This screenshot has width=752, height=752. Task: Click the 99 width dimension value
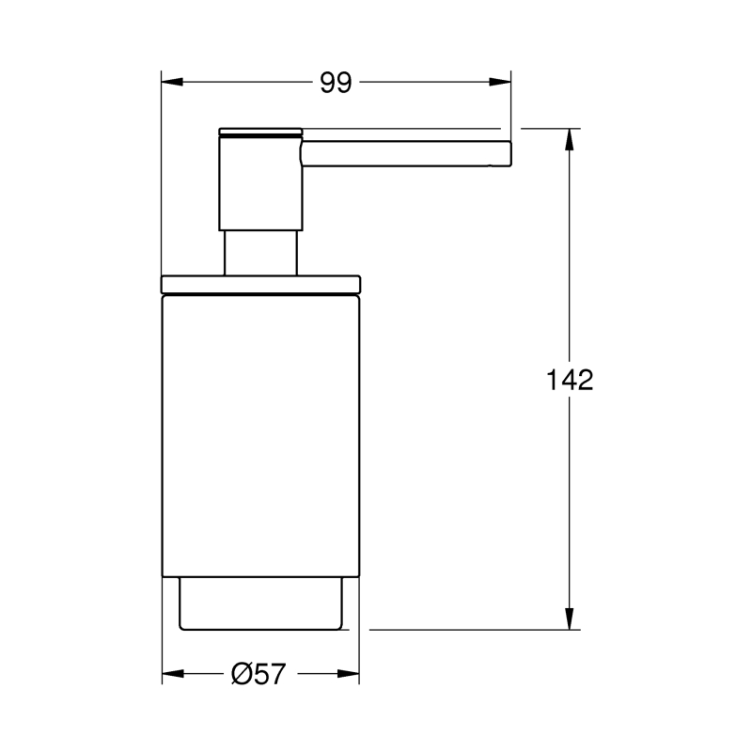[x=336, y=83]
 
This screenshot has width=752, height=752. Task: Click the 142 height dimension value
[x=570, y=380]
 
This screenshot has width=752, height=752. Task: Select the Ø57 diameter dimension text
[x=258, y=674]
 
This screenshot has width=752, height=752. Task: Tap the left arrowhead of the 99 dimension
[x=172, y=82]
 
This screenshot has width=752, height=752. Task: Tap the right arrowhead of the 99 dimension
[x=500, y=82]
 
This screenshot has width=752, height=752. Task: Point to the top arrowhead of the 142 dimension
[x=570, y=139]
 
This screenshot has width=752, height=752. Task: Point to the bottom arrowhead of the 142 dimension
[x=570, y=619]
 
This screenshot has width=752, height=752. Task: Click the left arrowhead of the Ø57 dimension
[x=173, y=674]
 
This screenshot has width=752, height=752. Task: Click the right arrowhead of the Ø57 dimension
[x=348, y=674]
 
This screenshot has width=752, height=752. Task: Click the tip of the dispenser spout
[x=510, y=153]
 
